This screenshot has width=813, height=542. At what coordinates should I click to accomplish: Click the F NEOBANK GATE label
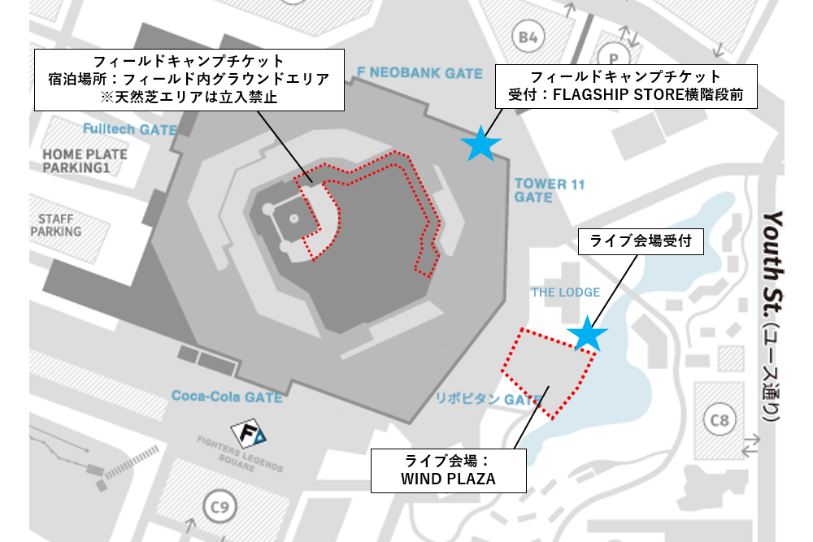click(x=420, y=73)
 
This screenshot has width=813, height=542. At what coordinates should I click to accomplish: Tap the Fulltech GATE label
click(x=129, y=129)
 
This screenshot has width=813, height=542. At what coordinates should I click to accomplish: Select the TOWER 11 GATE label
click(x=550, y=191)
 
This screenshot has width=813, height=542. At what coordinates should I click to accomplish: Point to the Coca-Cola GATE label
click(x=227, y=397)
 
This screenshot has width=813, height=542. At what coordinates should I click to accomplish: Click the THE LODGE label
click(x=566, y=293)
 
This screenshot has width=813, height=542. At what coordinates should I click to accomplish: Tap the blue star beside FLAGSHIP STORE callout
click(x=481, y=145)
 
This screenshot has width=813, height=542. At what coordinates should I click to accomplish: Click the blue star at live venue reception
click(x=587, y=334)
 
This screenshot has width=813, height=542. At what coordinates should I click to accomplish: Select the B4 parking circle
click(x=528, y=37)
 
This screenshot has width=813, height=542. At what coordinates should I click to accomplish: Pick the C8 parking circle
click(x=720, y=420)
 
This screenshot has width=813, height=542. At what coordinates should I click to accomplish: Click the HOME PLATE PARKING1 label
click(x=85, y=161)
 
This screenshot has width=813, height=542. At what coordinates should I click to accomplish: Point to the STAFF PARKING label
click(x=56, y=225)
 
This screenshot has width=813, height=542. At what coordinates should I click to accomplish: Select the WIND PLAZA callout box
click(x=447, y=470)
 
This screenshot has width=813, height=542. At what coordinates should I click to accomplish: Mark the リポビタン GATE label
click(x=488, y=400)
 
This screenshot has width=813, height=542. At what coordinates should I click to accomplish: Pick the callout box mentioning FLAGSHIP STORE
click(x=626, y=86)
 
